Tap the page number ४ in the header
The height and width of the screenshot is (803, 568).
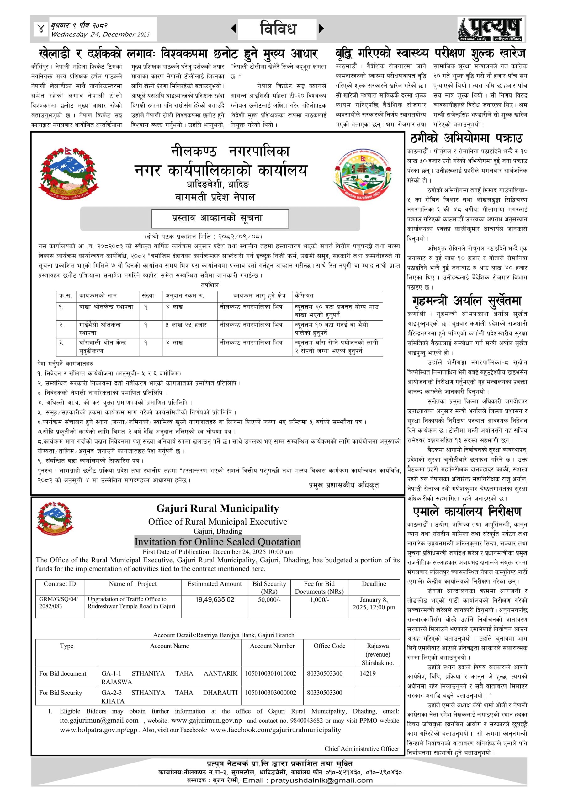tap(41, 29)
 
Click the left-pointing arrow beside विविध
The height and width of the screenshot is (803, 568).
tap(234, 28)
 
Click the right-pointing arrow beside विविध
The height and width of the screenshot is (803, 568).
tap(321, 28)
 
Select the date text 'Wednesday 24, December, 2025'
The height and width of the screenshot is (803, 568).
tap(100, 35)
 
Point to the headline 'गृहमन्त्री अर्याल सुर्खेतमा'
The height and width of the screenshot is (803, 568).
tap(467, 301)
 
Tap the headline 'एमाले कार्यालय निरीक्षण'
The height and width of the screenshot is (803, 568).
tap(467, 511)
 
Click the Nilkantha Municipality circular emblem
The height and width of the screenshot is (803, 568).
tap(362, 174)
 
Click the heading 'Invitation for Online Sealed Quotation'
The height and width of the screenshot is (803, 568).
tap(218, 542)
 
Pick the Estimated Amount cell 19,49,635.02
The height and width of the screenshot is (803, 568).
tap(215, 600)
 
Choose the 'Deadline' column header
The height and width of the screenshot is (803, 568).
tap(374, 584)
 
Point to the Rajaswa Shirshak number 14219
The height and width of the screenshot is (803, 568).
tap(368, 673)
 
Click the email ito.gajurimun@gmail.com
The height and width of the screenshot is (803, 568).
tap(99, 721)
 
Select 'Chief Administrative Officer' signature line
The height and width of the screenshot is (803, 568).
tap(362, 749)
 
